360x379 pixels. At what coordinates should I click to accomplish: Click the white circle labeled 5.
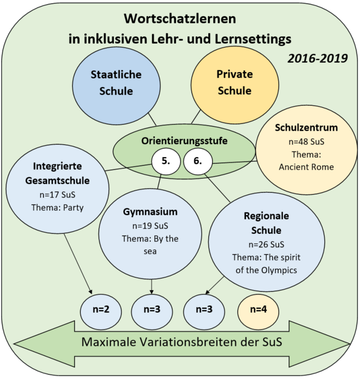point(166,161)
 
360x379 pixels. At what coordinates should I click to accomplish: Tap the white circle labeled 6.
point(198,161)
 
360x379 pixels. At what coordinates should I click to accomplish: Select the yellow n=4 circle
point(258,312)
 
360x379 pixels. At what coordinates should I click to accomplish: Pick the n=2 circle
point(101,312)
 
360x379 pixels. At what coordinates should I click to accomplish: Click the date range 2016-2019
point(318,59)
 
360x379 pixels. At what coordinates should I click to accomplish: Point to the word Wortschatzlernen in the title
point(180,19)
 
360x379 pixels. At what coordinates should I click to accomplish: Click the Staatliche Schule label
point(116,82)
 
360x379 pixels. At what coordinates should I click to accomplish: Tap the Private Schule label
point(235,82)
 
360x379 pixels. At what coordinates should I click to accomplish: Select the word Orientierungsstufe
point(184,141)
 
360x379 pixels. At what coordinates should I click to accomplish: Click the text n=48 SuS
point(307,142)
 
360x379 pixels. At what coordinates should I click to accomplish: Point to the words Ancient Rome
point(307,167)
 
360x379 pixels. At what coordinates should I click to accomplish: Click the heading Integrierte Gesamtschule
point(57,173)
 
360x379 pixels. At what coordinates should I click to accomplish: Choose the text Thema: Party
point(57,207)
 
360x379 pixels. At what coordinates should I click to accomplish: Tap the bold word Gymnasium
point(150,212)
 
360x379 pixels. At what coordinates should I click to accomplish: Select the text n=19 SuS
point(150,226)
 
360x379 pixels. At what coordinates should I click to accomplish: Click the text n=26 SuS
point(266,244)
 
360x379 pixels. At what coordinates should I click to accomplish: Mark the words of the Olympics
point(266,270)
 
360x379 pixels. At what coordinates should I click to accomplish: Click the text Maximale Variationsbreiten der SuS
point(182,342)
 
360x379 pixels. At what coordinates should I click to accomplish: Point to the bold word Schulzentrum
point(307,128)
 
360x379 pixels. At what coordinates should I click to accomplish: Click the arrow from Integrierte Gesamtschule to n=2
point(78,264)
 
